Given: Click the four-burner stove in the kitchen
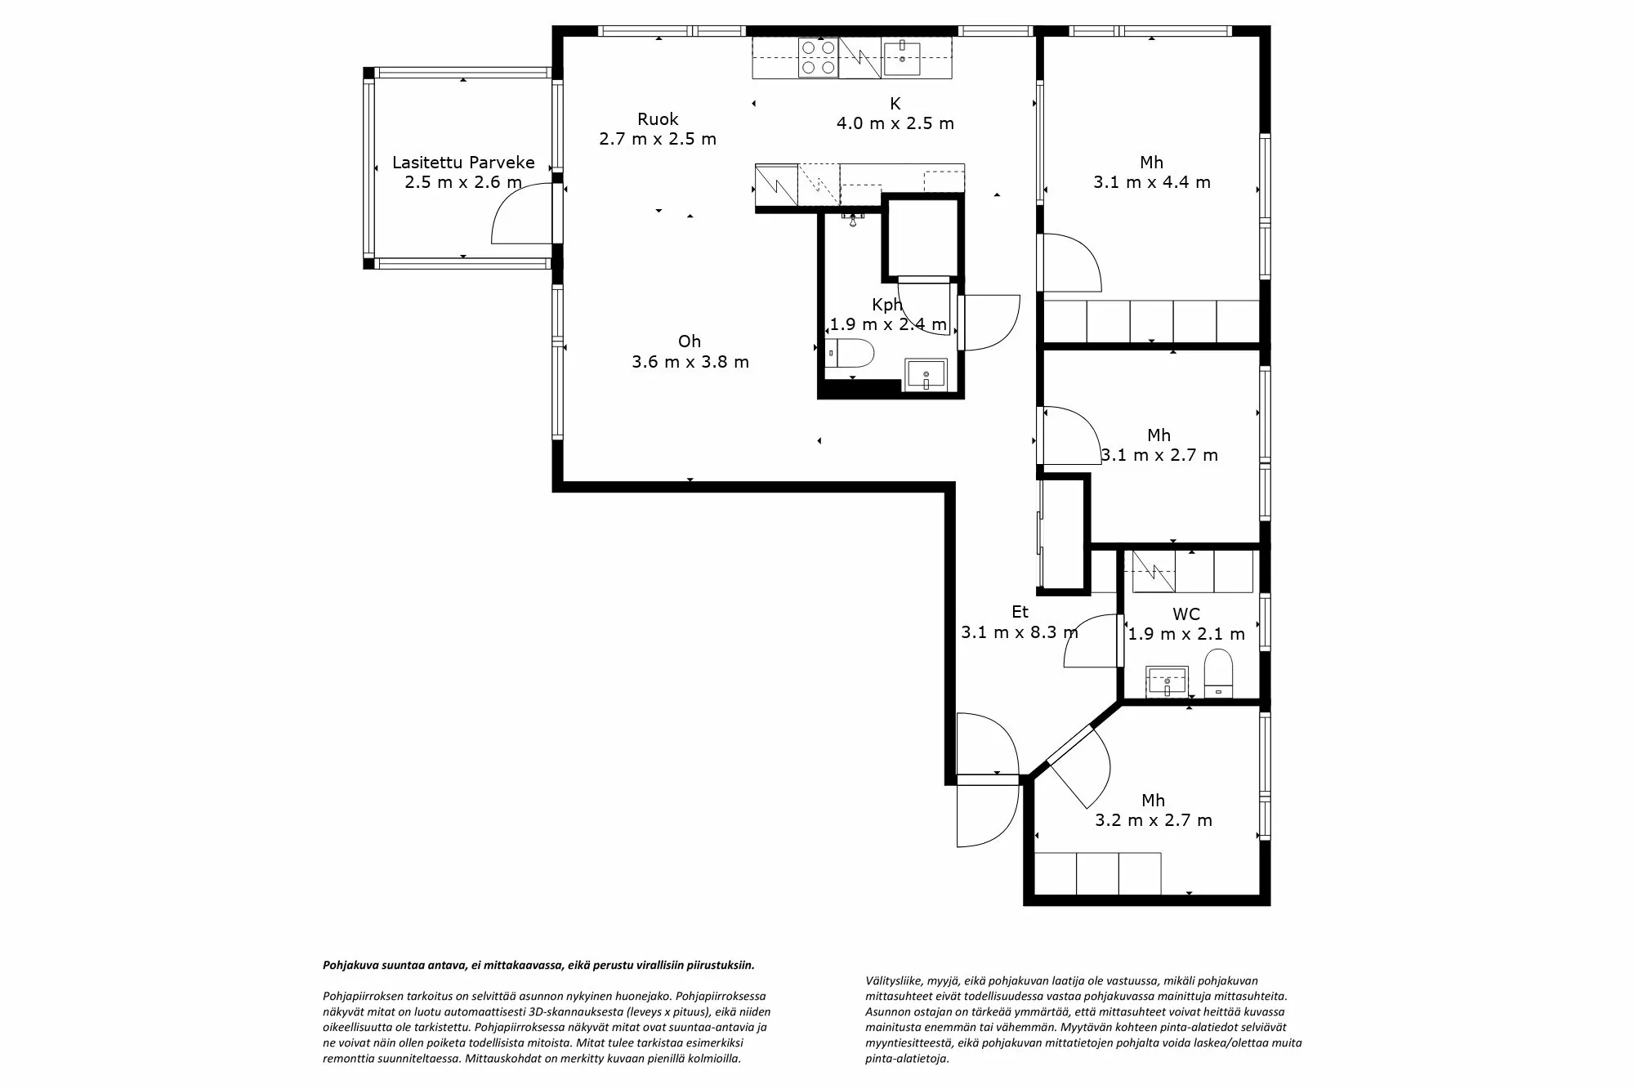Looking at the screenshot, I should [818, 58].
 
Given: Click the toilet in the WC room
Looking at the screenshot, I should [1218, 673].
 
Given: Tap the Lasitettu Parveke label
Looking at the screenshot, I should [463, 162].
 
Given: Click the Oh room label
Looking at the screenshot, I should [690, 341].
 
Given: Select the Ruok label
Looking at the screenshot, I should [658, 119].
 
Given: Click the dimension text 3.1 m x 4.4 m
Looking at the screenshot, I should [1152, 182].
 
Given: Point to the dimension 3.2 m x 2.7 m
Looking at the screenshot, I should [1154, 820].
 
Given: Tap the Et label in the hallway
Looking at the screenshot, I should [1020, 611].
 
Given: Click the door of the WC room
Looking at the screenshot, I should [1091, 641].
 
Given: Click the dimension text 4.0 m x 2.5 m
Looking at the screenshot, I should [895, 123].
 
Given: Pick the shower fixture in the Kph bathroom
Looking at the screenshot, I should [854, 220].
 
